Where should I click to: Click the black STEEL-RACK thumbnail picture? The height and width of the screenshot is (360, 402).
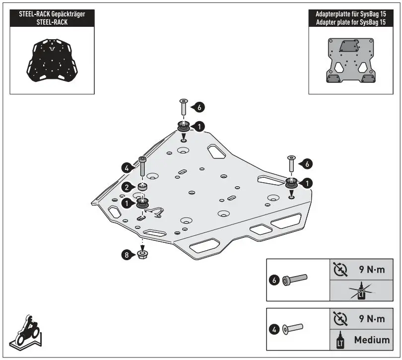coord(52,61)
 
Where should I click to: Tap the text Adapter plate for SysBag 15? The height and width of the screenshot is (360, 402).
coord(350,23)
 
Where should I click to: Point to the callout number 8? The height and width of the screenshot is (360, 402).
coord(128,255)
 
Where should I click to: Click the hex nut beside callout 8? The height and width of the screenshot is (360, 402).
coord(143,255)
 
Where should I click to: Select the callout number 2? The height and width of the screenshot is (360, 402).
coord(127,187)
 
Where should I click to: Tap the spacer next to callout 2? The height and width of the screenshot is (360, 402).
coord(143,187)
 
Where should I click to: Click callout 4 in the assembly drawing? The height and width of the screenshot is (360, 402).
coord(127,168)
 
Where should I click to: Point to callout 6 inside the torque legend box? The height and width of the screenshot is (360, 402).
coord(274,280)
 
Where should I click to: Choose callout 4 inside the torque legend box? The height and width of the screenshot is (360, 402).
coord(274,328)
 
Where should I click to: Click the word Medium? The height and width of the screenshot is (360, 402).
coord(371,341)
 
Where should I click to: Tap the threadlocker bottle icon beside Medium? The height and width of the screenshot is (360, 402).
coord(340,341)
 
